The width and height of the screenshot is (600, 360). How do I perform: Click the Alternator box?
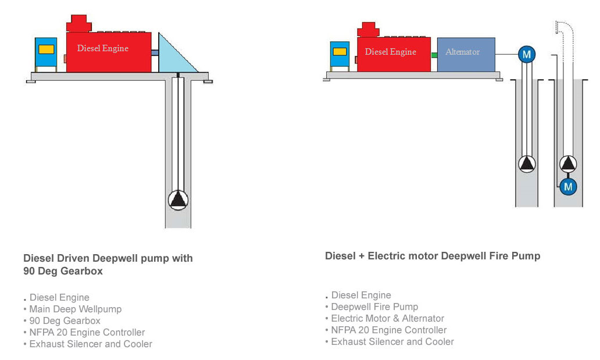466,55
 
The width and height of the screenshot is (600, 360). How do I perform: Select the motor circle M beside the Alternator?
527,55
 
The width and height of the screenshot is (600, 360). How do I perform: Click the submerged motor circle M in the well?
568,187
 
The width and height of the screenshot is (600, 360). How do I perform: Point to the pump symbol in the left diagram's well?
178,200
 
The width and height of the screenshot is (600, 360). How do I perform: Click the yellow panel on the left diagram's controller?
47,49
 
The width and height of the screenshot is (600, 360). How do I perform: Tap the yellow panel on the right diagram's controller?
340,52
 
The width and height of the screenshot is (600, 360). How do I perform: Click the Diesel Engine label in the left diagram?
102,48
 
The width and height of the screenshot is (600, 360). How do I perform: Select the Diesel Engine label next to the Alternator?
390,52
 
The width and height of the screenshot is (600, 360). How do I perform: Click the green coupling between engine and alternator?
434,55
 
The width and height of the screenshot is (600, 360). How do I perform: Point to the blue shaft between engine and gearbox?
155,53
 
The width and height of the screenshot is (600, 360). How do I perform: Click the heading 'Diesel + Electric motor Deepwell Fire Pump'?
433,256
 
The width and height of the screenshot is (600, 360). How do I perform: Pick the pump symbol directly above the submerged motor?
568,164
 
